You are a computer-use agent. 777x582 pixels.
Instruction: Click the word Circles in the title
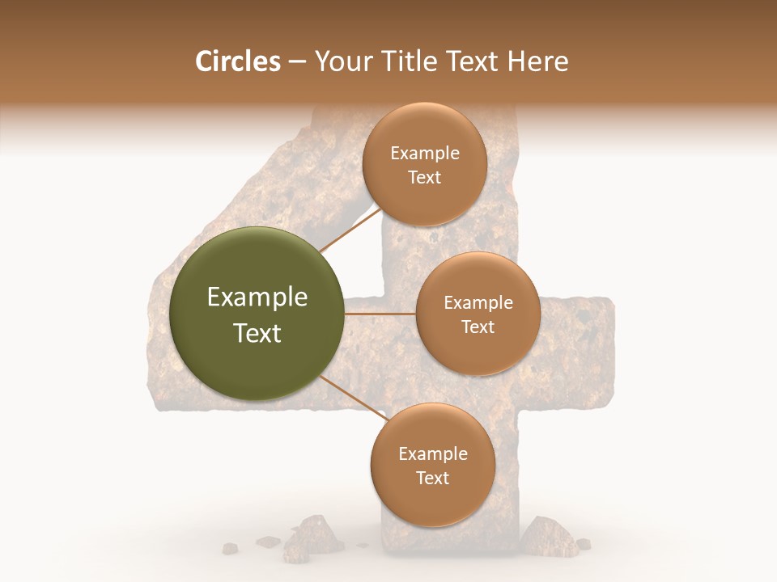(238, 61)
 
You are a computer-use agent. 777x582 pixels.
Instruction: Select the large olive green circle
(257, 314)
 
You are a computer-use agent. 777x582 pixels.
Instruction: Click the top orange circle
(425, 164)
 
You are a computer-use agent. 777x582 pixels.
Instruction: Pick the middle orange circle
(478, 314)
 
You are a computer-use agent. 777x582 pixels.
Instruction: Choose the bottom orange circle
(432, 465)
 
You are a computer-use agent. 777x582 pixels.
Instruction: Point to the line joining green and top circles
(350, 230)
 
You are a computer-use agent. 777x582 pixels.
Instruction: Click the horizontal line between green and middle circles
(379, 314)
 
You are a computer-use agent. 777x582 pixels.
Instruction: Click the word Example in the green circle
(257, 297)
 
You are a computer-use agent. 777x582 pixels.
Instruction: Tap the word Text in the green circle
(257, 333)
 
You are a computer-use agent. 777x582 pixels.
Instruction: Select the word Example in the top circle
(425, 153)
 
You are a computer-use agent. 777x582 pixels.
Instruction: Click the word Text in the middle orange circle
(478, 327)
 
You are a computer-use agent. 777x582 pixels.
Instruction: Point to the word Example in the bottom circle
(432, 453)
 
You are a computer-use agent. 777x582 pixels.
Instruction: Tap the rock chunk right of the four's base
(546, 533)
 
